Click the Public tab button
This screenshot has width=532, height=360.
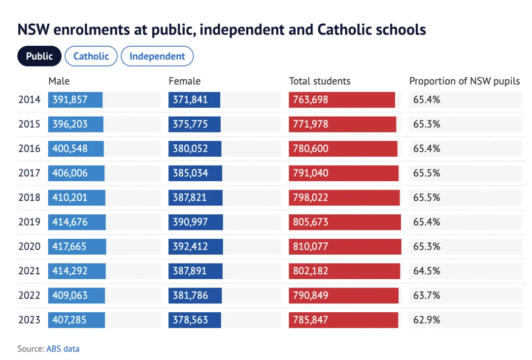pos(39,56)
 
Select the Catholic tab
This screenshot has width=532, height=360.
pos(91,56)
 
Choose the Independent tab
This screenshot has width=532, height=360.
pos(157,56)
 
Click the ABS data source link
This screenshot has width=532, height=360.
pos(63,349)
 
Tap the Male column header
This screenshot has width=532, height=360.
pos(59,81)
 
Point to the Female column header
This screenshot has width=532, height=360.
pos(185,81)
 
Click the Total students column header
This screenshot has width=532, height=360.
pos(320,81)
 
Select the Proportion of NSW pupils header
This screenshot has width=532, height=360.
pos(465,81)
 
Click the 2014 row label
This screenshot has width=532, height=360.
pos(29,99)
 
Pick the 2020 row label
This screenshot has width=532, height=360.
pos(29,246)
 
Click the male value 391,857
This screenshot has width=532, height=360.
pos(70,99)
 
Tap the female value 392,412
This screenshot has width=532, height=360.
pos(190,246)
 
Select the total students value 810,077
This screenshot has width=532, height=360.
pos(310,246)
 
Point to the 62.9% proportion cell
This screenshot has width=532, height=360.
pos(427,320)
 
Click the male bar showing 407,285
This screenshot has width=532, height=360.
pos(76,320)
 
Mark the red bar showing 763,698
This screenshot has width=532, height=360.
pos(342,99)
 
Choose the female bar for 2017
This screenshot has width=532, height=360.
pos(195,173)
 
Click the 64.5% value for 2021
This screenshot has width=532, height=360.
pos(427,271)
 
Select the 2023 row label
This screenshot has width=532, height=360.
pos(29,320)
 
